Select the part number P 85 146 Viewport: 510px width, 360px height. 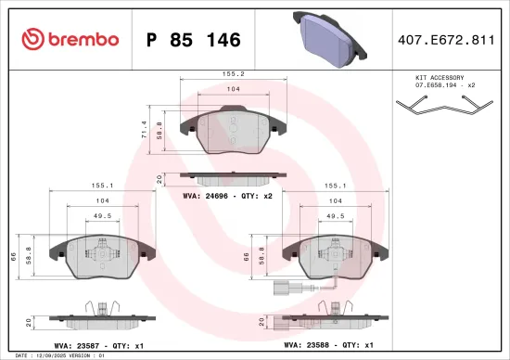pyautogui.click(x=194, y=40)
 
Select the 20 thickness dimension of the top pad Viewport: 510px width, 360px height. pyautogui.click(x=160, y=178)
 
